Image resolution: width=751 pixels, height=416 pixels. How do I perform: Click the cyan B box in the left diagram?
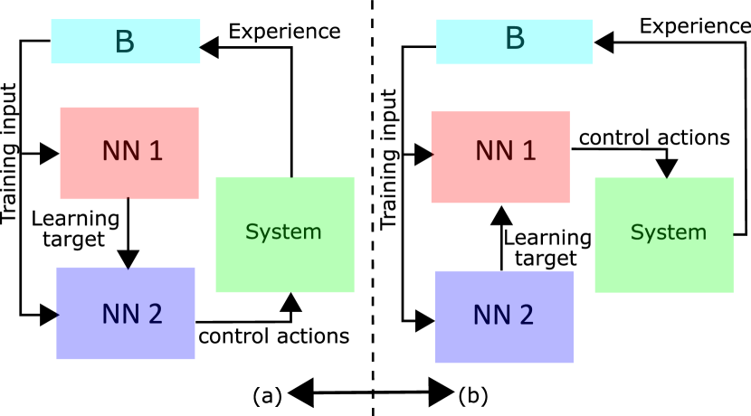point(125,42)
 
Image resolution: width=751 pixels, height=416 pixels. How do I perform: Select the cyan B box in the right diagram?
point(514,42)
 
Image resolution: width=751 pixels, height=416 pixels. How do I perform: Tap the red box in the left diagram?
point(129,153)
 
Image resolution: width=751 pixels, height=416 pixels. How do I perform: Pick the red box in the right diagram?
point(500,157)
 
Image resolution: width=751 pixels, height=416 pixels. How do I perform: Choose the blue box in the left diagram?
point(126,313)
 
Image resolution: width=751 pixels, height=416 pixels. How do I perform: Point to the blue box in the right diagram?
point(504,317)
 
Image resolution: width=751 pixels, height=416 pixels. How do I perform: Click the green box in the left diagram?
point(285,234)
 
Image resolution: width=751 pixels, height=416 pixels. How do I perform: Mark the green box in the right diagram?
point(664,234)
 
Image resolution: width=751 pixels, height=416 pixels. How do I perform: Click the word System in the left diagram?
point(283,232)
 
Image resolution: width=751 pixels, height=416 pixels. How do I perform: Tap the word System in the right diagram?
point(668,232)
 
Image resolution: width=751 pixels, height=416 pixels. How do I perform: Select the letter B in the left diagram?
point(125,43)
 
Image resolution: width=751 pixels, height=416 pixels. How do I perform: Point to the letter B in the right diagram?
point(515,39)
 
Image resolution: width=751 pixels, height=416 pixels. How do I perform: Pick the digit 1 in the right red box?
point(529,151)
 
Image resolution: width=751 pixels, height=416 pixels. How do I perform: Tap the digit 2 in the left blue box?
point(155,314)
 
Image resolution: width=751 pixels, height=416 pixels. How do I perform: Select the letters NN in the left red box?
point(120,151)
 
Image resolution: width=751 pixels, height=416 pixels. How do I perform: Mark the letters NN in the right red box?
point(494,151)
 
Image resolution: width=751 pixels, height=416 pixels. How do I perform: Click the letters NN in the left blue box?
point(119,314)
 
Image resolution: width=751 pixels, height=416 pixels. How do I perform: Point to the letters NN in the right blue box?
point(491,316)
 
